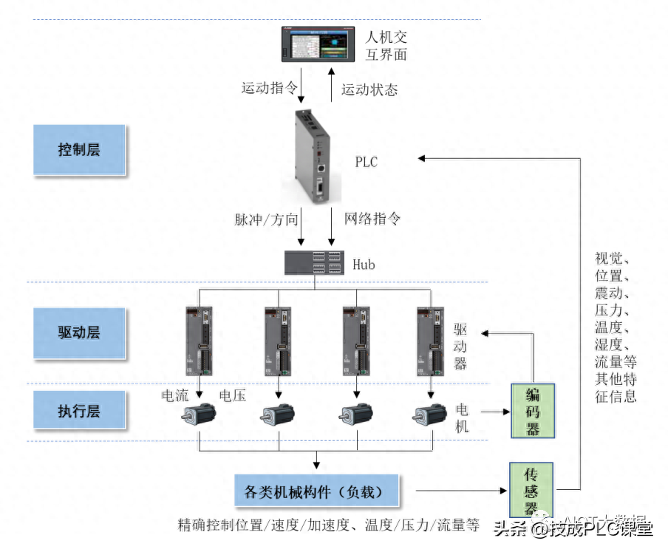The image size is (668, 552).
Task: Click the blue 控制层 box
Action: coord(79,149)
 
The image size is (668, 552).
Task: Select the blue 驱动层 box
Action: coord(79,332)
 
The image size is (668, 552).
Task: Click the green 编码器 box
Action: coord(532,411)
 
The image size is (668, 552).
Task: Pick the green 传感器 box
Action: coord(532,490)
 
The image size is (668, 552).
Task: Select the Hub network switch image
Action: coord(314,262)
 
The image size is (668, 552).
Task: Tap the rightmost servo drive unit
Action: coord(431,342)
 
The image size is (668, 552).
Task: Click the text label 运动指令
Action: coord(269,88)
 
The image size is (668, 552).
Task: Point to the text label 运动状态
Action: coord(369,90)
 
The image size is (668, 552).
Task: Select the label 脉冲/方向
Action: coord(267,219)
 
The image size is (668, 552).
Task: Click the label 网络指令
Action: coord(373,219)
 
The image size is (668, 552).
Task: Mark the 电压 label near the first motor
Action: coord(233,395)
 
